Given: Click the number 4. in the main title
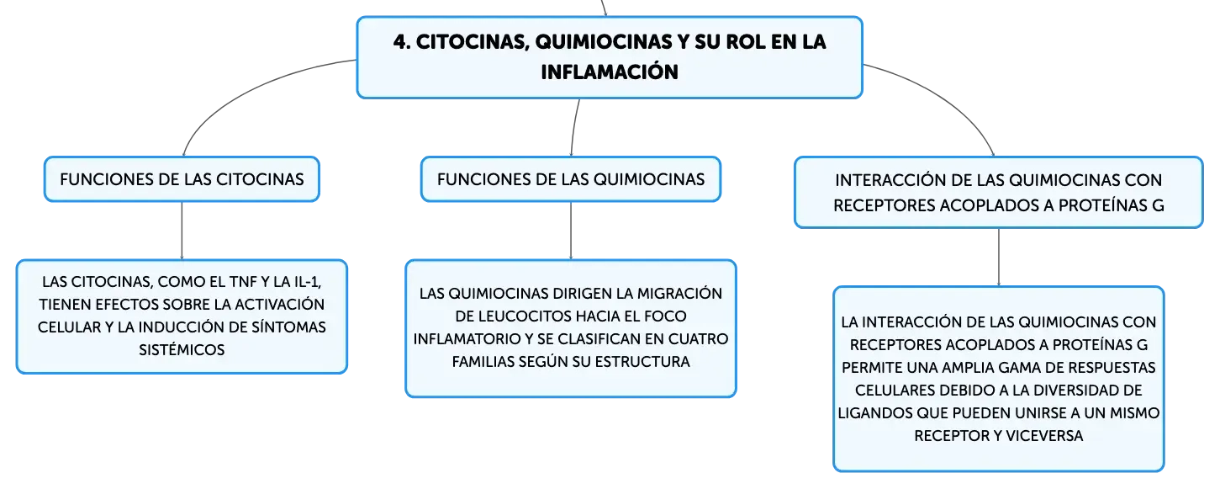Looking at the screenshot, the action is pos(402,42).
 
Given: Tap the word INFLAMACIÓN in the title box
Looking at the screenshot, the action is pos(610,72).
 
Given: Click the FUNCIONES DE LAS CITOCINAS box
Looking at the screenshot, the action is pos(182,179).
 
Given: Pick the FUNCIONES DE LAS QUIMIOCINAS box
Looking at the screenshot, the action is pos(571,179).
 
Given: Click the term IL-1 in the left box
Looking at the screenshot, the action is pos(307,282).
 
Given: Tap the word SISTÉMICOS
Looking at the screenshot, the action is pos(182,350).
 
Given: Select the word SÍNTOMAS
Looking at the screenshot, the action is pos(288,327).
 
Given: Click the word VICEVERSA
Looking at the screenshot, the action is pos(1044,436).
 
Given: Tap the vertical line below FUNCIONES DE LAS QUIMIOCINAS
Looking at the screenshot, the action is pos(571,231).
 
